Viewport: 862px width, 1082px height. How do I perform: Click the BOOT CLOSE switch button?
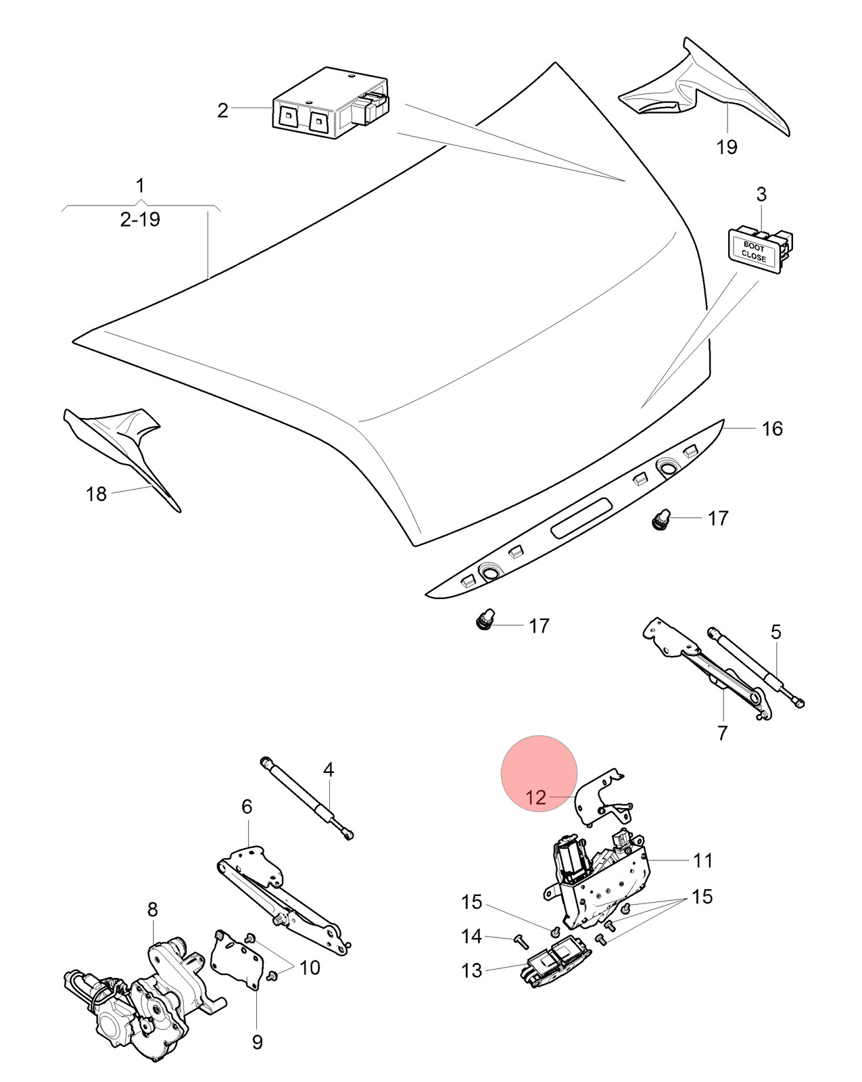(x=760, y=250)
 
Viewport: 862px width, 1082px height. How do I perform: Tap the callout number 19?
(x=727, y=147)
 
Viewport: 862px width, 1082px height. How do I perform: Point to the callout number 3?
(x=761, y=194)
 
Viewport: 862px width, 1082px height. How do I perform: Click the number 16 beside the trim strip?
(x=773, y=429)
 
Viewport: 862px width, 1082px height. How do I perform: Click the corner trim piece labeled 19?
(x=704, y=88)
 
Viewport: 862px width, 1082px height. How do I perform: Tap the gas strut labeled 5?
(x=757, y=666)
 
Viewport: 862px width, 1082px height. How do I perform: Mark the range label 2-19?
(x=140, y=220)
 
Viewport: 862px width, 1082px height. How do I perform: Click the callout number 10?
(x=310, y=967)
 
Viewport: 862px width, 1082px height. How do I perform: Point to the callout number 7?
(x=722, y=733)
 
